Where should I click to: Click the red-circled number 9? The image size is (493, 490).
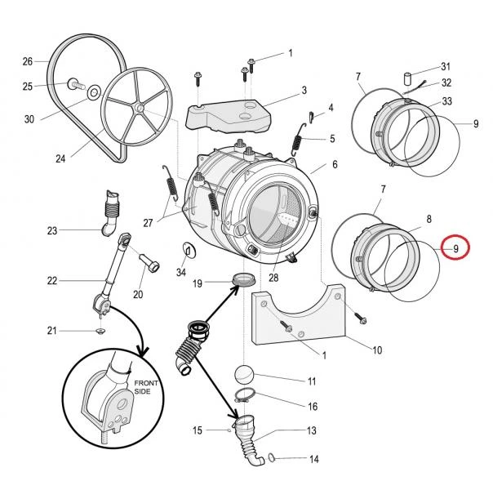click(456, 249)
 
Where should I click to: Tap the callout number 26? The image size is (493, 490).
click(28, 61)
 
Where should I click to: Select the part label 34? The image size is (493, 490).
click(180, 272)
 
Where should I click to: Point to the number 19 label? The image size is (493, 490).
click(198, 283)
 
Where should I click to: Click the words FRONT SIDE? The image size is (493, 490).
click(146, 387)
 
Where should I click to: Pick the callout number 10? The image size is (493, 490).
click(377, 350)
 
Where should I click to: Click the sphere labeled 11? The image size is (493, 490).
click(244, 375)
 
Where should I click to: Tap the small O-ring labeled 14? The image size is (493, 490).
click(272, 457)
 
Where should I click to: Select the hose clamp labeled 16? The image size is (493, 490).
click(245, 395)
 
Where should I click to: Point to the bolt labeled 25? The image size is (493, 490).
click(76, 84)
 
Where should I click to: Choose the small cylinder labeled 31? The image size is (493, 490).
click(408, 78)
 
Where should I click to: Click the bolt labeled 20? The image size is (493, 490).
click(149, 262)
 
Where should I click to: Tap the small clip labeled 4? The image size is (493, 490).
click(311, 116)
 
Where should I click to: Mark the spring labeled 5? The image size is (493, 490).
click(297, 140)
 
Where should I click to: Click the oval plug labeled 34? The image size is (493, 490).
click(189, 252)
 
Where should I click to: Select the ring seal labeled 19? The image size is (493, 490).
click(243, 279)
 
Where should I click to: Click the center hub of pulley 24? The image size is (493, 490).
click(140, 109)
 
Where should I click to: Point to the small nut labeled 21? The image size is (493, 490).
click(100, 331)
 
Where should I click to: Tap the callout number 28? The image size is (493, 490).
click(273, 278)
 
